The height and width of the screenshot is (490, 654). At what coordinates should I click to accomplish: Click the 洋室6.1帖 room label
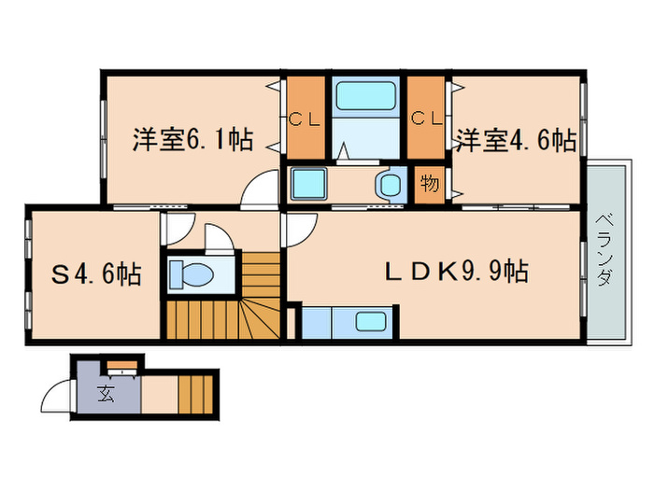(191, 141)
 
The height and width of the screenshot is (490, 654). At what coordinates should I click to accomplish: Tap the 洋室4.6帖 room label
(515, 141)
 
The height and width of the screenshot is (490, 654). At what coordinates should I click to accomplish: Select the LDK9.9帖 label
(458, 273)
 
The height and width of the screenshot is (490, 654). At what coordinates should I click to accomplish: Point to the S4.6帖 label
(95, 274)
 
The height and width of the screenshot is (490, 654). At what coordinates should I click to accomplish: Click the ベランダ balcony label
(604, 250)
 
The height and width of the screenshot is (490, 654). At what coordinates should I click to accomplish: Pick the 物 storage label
(429, 183)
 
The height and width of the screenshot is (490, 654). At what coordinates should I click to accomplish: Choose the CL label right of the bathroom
(426, 119)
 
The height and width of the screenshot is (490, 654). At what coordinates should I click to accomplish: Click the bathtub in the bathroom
(366, 96)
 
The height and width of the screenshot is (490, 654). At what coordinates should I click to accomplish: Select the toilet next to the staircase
(192, 274)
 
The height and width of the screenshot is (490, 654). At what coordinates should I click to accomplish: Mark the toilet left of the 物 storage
(387, 184)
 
